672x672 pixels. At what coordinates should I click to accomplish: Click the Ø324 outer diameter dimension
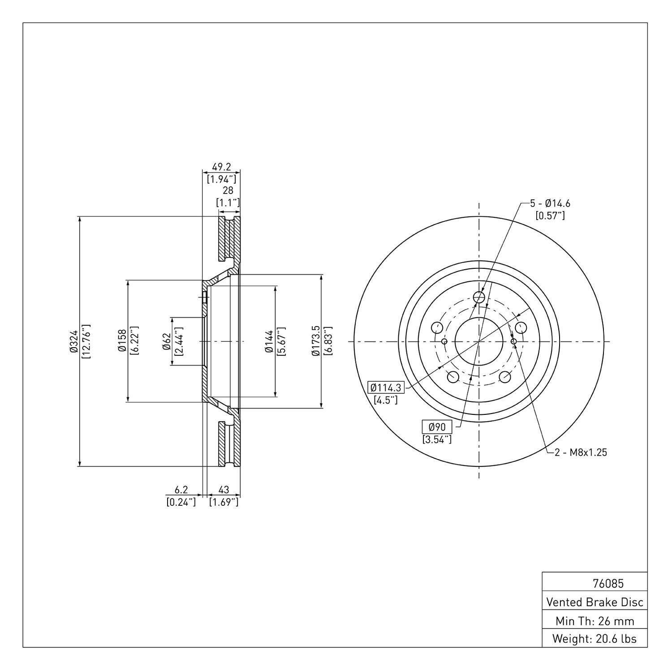(74, 341)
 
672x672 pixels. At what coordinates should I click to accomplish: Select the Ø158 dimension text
(122, 341)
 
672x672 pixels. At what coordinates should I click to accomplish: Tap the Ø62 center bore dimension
(166, 341)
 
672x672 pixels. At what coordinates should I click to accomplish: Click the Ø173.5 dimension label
(316, 341)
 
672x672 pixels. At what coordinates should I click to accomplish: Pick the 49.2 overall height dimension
(221, 167)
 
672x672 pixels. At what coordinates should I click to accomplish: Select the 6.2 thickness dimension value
(181, 491)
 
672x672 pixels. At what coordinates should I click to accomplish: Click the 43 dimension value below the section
(224, 491)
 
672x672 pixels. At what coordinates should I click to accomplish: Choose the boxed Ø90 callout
(437, 427)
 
